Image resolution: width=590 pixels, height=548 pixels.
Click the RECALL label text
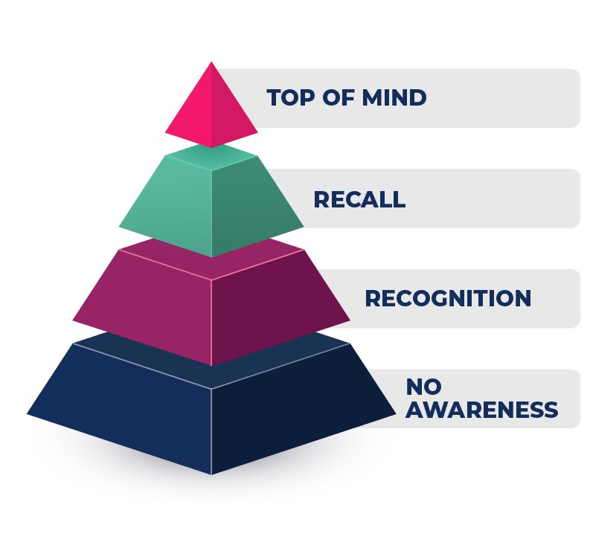359,199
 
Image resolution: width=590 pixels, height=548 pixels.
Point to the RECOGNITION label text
448,298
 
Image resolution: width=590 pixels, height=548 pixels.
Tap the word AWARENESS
481,410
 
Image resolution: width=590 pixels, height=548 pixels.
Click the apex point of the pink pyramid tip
211,63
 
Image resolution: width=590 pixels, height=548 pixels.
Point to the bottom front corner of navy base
211,473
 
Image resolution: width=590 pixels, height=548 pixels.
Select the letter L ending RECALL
399,199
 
